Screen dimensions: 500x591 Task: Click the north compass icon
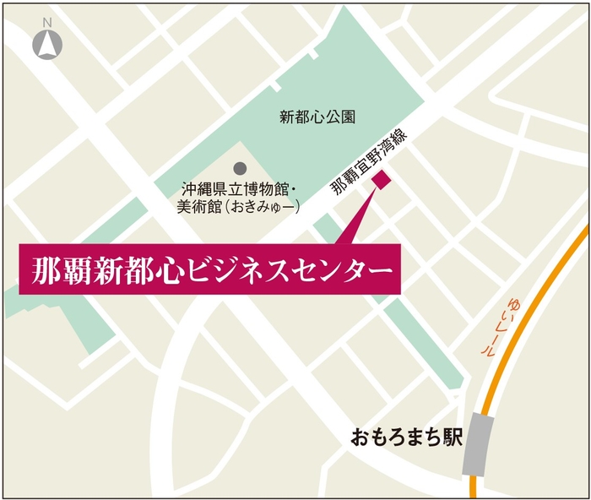click(x=46, y=45)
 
